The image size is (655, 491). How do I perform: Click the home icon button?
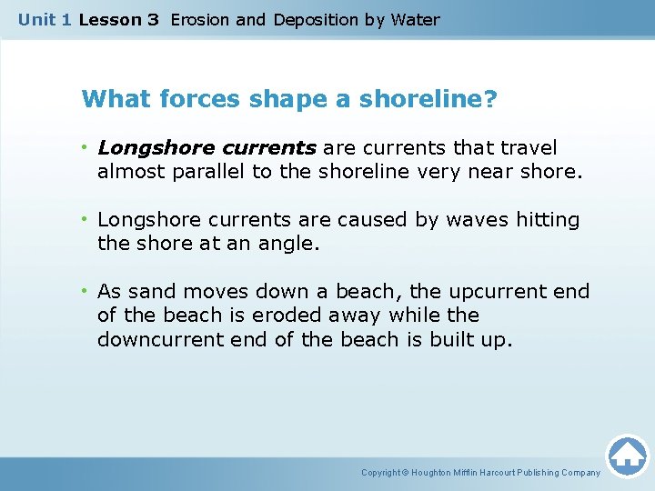pyautogui.click(x=627, y=456)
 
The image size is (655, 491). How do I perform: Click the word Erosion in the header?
pyautogui.click(x=199, y=19)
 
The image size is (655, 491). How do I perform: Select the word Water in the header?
pyautogui.click(x=415, y=19)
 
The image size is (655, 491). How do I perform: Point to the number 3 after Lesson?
pyautogui.click(x=153, y=19)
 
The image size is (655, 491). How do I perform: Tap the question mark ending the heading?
pyautogui.click(x=491, y=98)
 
